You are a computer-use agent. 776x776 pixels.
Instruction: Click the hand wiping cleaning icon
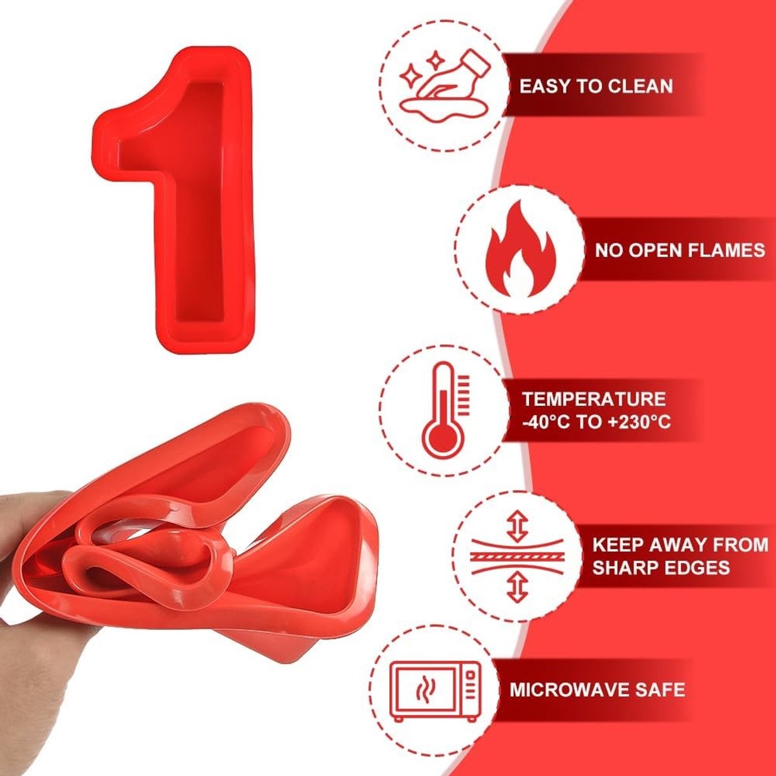445,86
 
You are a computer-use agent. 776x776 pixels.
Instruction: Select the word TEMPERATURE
594,399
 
